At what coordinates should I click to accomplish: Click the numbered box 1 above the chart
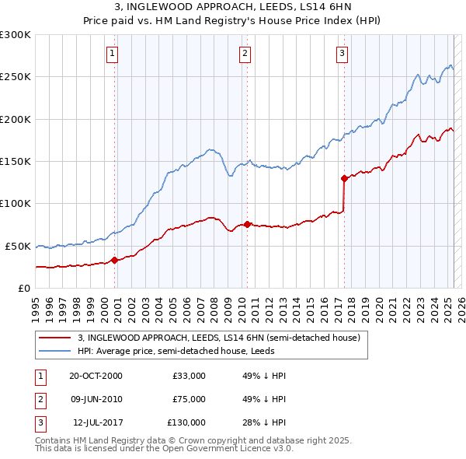(113, 54)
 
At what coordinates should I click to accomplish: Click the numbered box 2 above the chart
(245, 54)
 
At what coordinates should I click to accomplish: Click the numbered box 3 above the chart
(342, 54)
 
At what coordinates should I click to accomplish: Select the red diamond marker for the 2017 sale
(343, 178)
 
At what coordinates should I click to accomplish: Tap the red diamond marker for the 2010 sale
(247, 224)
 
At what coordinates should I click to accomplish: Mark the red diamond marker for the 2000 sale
(114, 260)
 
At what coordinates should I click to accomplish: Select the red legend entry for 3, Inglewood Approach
(218, 338)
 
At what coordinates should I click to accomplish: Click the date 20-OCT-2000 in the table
(96, 376)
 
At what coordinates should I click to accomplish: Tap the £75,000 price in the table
(189, 399)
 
